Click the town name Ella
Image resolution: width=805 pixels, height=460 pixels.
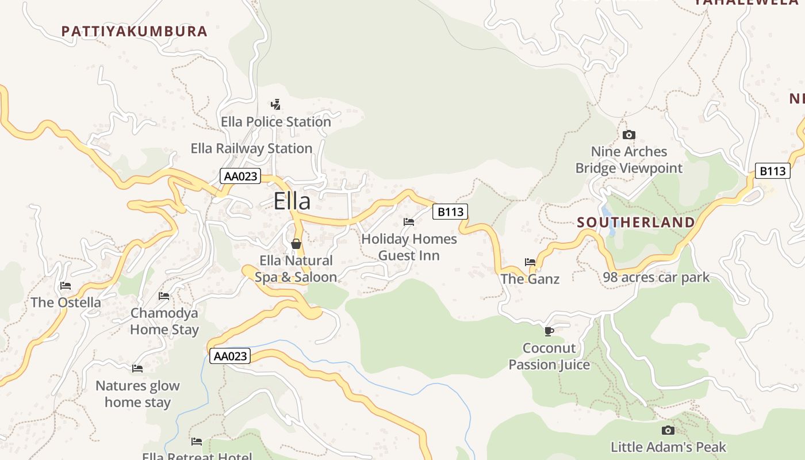click(292, 201)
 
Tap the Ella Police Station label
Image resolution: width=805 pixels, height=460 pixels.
click(276, 122)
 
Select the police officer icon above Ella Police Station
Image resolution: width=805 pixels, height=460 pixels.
click(276, 105)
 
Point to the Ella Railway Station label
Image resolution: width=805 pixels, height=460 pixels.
click(251, 148)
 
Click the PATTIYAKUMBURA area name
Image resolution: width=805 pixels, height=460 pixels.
click(134, 31)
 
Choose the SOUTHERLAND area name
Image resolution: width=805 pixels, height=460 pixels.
click(635, 222)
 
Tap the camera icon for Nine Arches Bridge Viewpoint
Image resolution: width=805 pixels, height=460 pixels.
click(628, 135)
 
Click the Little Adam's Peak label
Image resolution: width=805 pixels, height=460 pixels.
click(668, 447)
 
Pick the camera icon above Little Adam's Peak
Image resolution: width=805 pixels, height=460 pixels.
click(668, 431)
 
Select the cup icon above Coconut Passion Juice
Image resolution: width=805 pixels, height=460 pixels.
click(549, 331)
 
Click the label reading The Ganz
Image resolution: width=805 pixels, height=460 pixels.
click(530, 279)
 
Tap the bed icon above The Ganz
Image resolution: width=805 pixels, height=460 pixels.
click(530, 262)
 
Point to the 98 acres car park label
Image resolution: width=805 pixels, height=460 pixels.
click(656, 278)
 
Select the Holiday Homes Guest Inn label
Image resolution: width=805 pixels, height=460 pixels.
click(409, 247)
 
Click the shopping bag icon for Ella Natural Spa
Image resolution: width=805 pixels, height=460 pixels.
click(296, 244)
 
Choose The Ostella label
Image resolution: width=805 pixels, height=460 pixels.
click(66, 302)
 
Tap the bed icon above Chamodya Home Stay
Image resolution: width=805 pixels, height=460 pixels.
click(164, 296)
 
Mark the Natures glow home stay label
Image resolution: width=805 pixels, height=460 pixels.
click(137, 394)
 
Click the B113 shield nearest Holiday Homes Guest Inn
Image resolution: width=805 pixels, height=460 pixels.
click(450, 212)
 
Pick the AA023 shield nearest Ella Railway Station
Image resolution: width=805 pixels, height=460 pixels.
click(240, 176)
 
